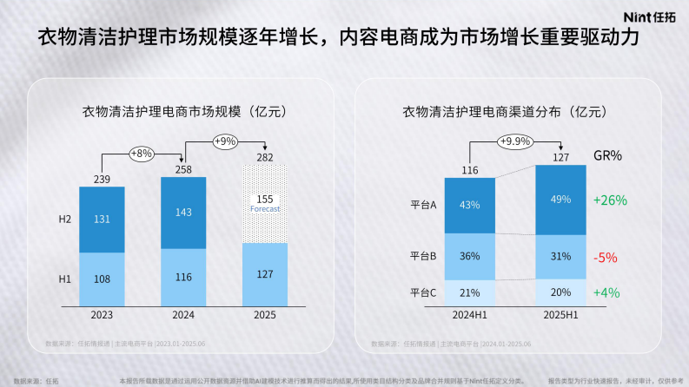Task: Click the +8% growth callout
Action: pyautogui.click(x=141, y=153)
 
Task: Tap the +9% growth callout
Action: pyautogui.click(x=224, y=141)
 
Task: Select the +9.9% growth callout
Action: pyautogui.click(x=514, y=141)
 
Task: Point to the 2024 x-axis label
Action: pyautogui.click(x=183, y=314)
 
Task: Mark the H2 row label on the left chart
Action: pyautogui.click(x=64, y=220)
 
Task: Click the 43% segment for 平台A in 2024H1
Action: pyautogui.click(x=470, y=205)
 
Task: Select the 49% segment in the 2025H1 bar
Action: pyautogui.click(x=560, y=199)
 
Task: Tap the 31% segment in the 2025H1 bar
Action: pyautogui.click(x=560, y=255)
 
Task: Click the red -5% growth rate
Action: pyautogui.click(x=606, y=257)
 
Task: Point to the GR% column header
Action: pyautogui.click(x=607, y=155)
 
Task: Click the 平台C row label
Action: pyautogui.click(x=423, y=292)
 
